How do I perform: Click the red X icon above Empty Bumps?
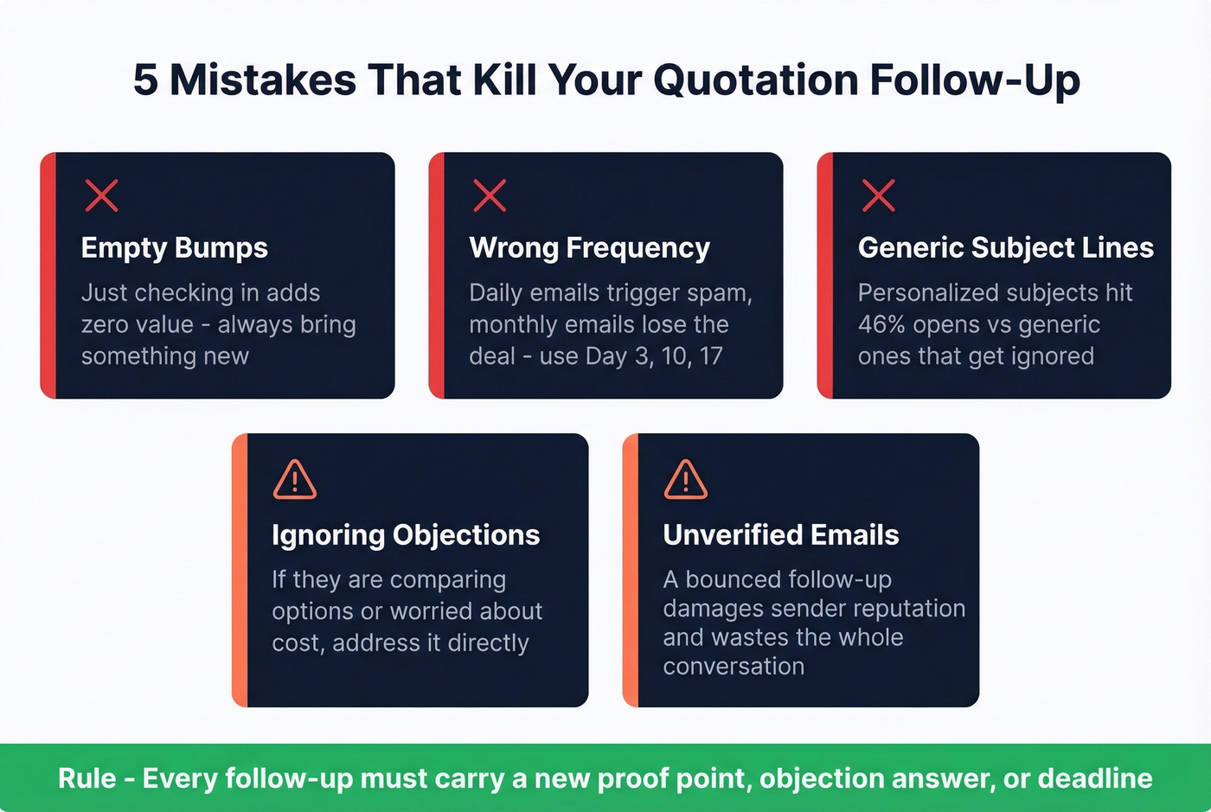[101, 196]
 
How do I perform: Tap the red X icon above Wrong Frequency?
[490, 196]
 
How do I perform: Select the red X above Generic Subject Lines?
[878, 196]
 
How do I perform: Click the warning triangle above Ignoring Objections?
[294, 480]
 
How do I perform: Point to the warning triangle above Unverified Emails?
[685, 480]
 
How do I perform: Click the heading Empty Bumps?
[174, 248]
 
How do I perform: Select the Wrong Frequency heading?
[589, 248]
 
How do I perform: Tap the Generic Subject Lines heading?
[1005, 248]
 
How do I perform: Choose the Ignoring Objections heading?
[406, 535]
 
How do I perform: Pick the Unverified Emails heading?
[780, 535]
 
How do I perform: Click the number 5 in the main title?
[145, 80]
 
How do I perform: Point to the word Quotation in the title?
[755, 80]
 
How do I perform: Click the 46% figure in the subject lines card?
[881, 325]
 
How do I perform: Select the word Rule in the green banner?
[86, 778]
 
